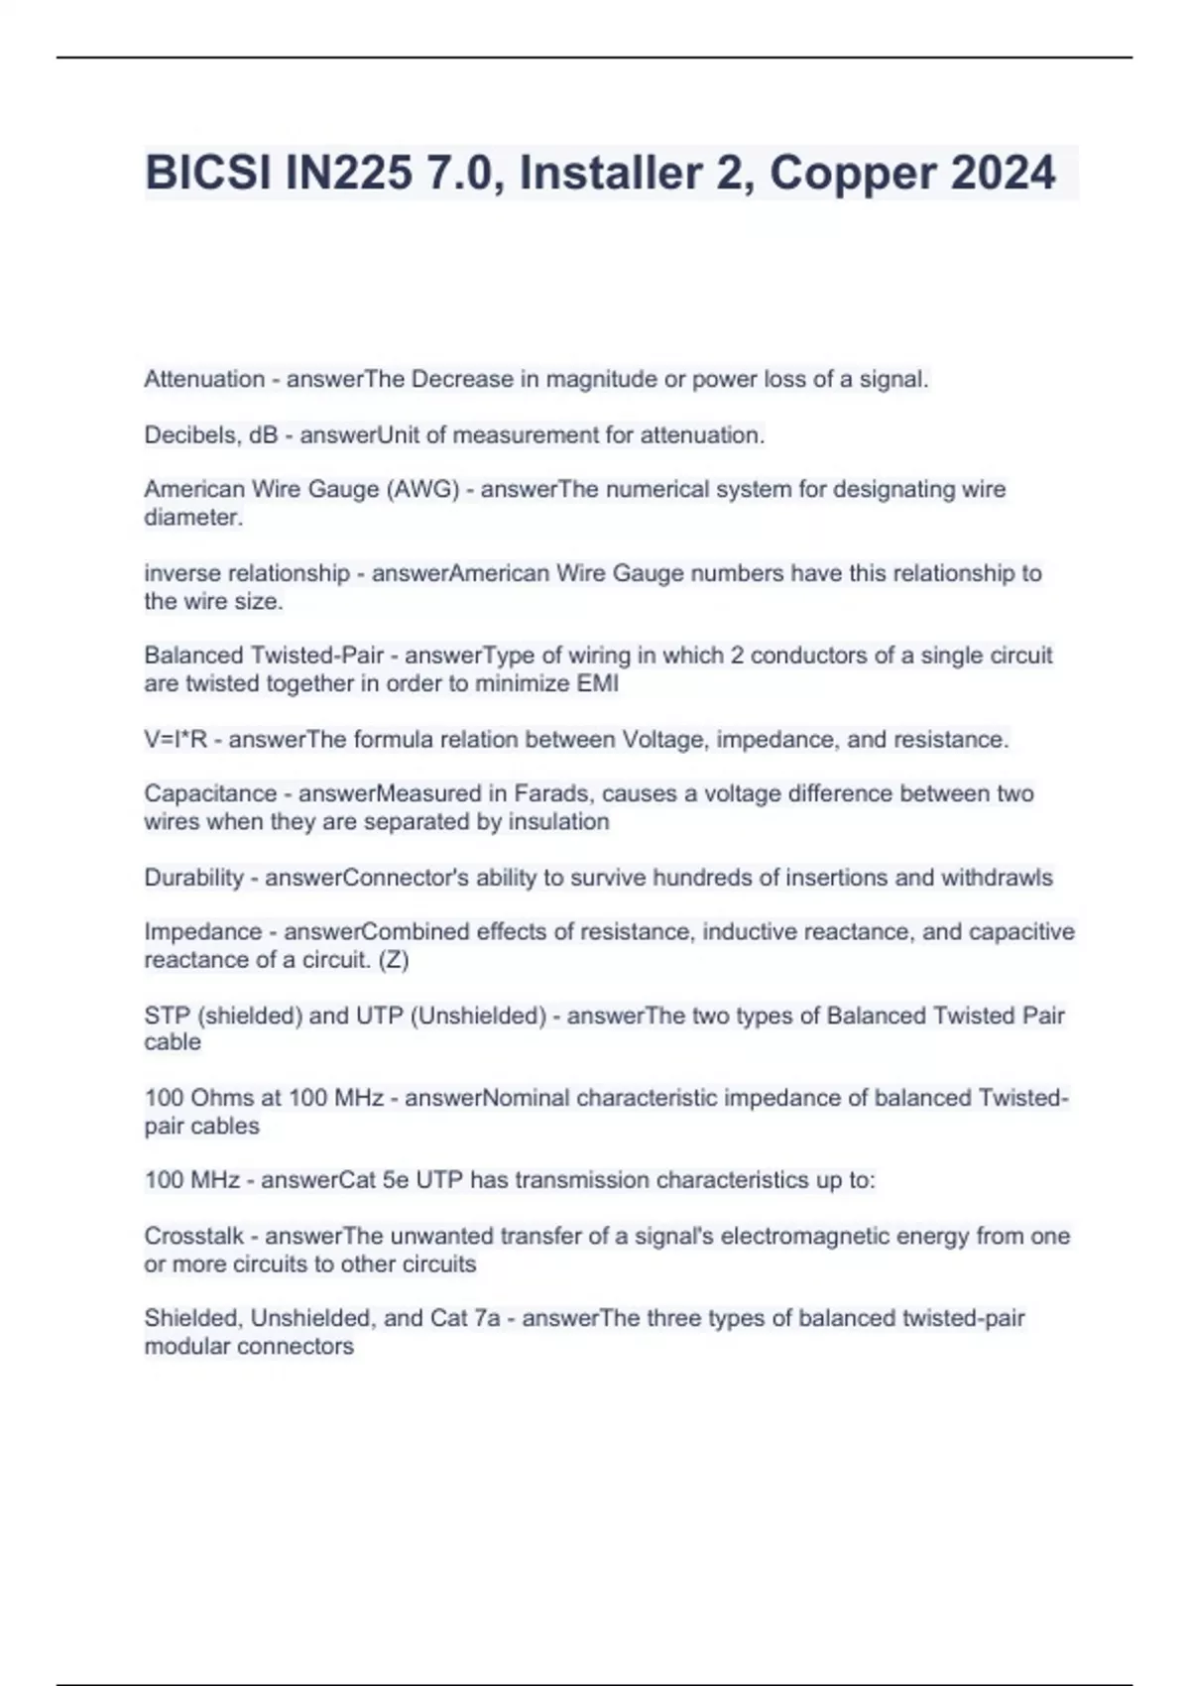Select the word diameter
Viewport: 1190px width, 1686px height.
(192, 518)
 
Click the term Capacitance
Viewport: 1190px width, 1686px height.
(210, 794)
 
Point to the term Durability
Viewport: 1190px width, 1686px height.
(193, 878)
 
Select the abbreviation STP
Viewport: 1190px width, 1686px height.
(168, 1016)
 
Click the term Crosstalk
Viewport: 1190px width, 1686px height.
(193, 1237)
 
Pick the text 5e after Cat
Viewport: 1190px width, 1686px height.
(395, 1180)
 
